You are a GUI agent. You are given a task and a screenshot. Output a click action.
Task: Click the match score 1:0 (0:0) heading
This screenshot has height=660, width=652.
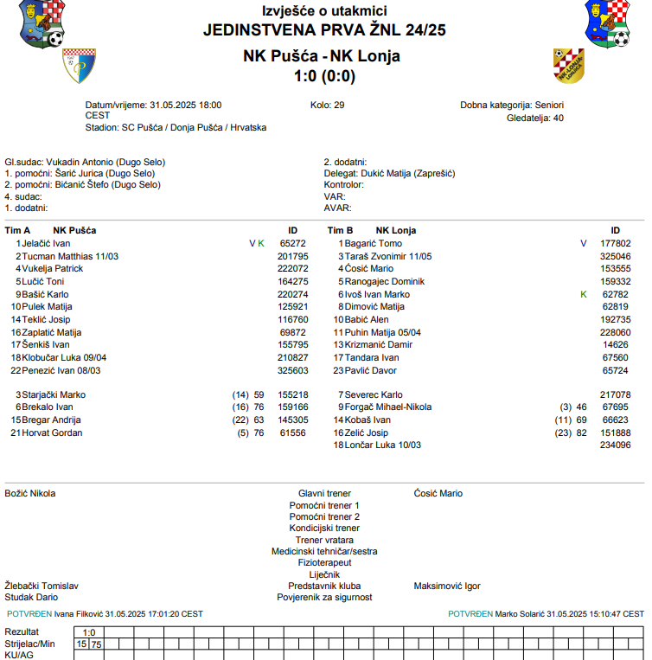coord(324,76)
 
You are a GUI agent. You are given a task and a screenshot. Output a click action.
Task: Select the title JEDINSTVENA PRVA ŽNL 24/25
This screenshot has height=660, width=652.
coord(324,30)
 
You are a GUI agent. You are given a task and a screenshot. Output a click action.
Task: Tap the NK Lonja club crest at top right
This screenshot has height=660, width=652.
coord(568,66)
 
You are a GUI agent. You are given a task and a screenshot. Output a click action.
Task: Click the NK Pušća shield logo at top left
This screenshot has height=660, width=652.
coord(79,66)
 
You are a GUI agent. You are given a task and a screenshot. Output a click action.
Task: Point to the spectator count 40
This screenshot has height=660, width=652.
coord(558,119)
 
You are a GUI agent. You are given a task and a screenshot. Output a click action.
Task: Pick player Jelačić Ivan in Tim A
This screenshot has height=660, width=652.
coord(45,244)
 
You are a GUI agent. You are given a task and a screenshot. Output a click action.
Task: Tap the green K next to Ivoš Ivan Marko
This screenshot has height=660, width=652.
coord(584,294)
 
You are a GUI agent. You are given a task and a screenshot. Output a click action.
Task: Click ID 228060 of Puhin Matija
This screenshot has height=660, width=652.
coord(615,332)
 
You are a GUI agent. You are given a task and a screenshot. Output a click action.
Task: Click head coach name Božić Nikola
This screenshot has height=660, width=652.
coord(30,494)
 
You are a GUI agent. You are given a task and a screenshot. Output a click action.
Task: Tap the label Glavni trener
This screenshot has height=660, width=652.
coord(324,494)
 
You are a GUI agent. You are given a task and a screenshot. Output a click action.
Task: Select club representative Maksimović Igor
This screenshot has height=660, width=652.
coord(447,586)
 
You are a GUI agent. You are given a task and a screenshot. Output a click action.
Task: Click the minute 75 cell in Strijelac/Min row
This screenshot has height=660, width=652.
coord(97,644)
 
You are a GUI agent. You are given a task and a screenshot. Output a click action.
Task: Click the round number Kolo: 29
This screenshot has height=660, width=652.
coord(327,106)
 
